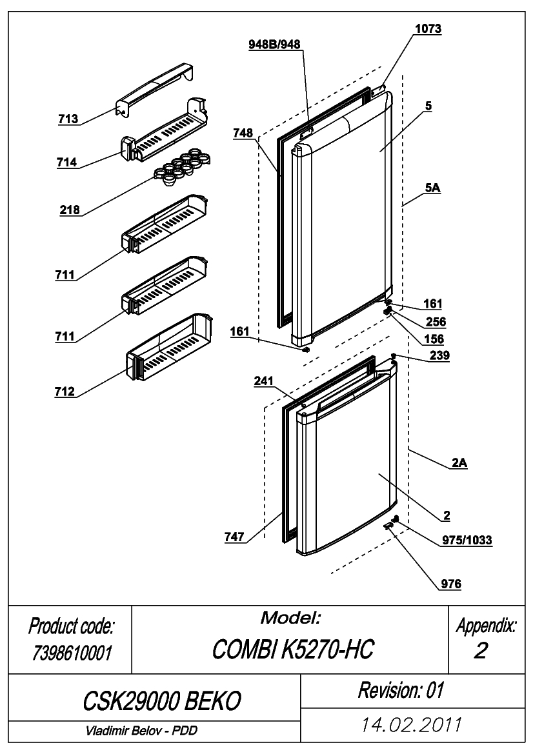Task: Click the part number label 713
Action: pyautogui.click(x=68, y=119)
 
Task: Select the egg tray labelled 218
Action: pyautogui.click(x=182, y=167)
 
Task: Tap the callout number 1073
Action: pyautogui.click(x=428, y=29)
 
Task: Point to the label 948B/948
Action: pyautogui.click(x=274, y=45)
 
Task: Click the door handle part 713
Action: pyautogui.click(x=156, y=88)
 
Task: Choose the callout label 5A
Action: pyautogui.click(x=432, y=188)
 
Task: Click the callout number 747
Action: pyautogui.click(x=234, y=537)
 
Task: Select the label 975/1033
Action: pyautogui.click(x=467, y=540)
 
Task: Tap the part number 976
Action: pyautogui.click(x=451, y=584)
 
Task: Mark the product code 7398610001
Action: pyautogui.click(x=72, y=653)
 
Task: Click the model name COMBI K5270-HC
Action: pyautogui.click(x=292, y=650)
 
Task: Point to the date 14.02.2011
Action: pyautogui.click(x=412, y=724)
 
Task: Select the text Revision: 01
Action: pyautogui.click(x=401, y=691)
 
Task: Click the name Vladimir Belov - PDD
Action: pyautogui.click(x=141, y=730)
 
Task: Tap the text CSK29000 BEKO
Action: pyautogui.click(x=162, y=701)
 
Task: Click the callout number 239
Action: pyautogui.click(x=439, y=355)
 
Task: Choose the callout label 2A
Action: pyautogui.click(x=459, y=462)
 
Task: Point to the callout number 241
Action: pyautogui.click(x=264, y=381)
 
